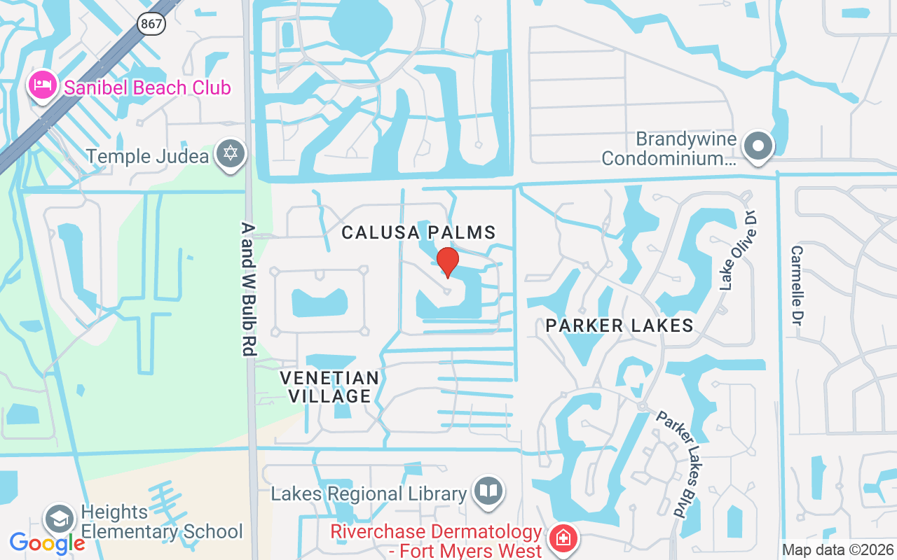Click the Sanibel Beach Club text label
[x=146, y=88]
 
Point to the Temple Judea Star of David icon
[x=229, y=155]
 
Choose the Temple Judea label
[x=148, y=155]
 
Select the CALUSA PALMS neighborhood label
[x=418, y=232]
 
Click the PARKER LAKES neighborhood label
[x=619, y=325]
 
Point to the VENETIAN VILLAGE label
[x=329, y=386]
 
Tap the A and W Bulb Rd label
[x=247, y=288]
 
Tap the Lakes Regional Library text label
[x=369, y=493]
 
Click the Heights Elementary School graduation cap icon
[x=60, y=520]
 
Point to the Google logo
[x=47, y=543]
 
